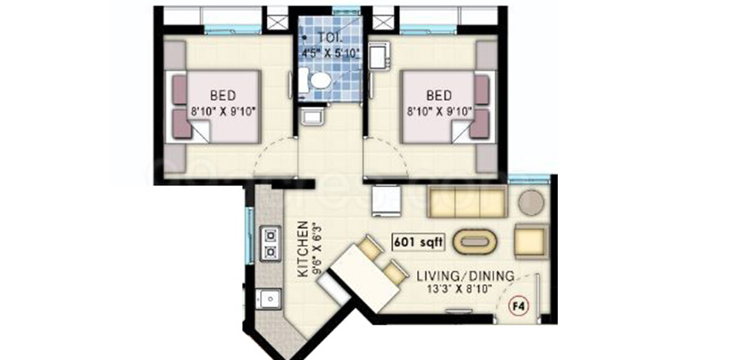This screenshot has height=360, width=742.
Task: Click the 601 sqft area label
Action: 418,242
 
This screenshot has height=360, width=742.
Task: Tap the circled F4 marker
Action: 519,306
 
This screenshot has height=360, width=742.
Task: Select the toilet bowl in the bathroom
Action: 321,80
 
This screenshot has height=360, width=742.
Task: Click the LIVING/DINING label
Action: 465,276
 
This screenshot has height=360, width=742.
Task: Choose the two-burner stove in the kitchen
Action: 270,243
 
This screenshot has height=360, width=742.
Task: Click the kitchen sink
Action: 269,299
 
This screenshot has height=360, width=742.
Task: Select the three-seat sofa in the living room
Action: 467,201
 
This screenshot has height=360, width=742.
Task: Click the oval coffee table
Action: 475,241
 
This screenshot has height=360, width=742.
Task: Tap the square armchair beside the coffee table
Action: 531,241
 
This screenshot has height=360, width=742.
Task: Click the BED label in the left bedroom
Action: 223,96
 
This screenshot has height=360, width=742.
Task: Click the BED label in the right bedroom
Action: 438,96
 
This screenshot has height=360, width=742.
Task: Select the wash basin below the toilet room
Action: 312,115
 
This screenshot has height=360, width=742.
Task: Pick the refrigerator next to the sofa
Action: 386,200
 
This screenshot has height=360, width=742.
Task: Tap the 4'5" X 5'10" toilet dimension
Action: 332,52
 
